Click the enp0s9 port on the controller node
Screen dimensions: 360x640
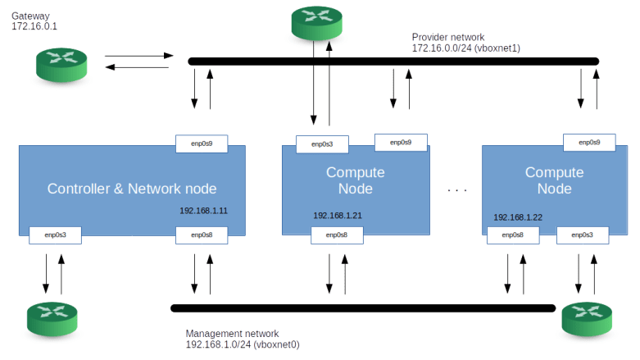pos(202,144)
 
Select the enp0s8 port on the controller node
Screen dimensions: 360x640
pos(202,235)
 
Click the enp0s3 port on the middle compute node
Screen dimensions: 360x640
pos(321,144)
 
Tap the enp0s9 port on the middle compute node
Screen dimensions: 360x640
pos(400,142)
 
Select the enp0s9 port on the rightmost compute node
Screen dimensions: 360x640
pos(589,142)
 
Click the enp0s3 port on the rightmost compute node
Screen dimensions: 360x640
pos(582,235)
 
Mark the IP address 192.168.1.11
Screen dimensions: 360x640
pos(203,210)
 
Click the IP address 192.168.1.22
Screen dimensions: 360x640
pos(518,217)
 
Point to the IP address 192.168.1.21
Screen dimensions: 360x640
pos(338,216)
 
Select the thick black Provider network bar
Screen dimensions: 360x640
pos(393,61)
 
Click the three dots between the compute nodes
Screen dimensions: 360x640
pos(457,190)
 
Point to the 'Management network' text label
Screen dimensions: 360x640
pos(233,334)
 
